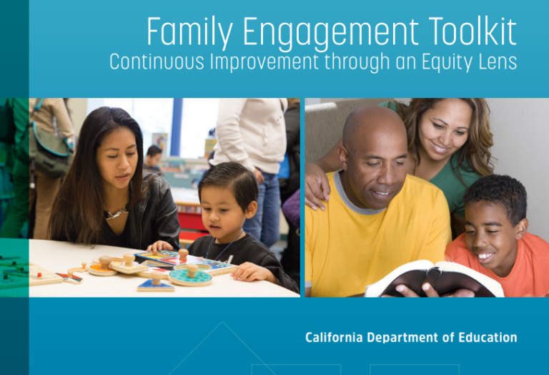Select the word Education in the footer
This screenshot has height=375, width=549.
click(x=485, y=337)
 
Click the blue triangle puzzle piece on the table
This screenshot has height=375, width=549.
click(x=156, y=286)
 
